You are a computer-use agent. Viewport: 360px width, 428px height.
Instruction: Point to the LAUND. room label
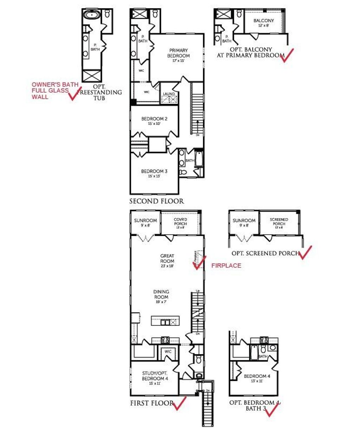pos(169,94)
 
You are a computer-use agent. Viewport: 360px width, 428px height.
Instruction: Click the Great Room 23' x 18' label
pos(167,261)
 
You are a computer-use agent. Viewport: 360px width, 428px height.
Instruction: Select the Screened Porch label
pos(279,222)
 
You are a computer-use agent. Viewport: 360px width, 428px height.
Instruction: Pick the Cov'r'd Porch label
pos(180,222)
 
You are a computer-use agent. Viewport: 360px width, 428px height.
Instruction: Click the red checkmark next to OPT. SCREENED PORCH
pos(305,252)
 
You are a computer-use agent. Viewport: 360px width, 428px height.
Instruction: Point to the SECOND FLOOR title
pos(156,201)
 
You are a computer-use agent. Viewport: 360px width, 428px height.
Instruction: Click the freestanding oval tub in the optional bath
pos(92,15)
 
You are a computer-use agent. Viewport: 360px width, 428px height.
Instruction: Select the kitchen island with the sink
pos(165,321)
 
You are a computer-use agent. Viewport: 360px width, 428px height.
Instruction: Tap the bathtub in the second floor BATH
pos(199,159)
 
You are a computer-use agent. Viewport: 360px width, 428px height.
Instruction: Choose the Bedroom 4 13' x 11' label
pos(257,378)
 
